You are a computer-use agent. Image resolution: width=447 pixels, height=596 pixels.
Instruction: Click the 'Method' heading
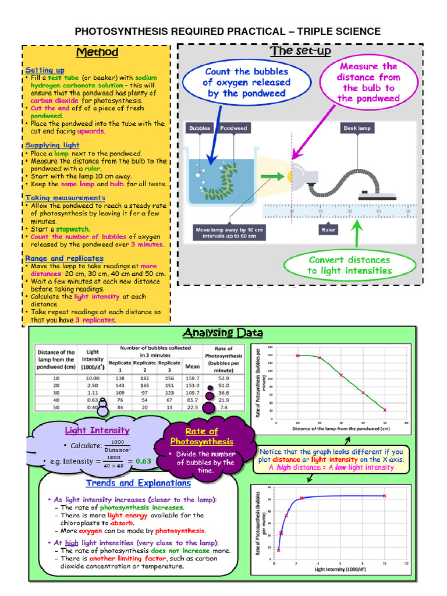(x=97, y=52)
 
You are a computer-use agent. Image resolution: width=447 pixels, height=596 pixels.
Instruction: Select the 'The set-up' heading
(x=300, y=51)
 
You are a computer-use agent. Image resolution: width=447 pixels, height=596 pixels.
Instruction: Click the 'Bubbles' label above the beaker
(x=200, y=128)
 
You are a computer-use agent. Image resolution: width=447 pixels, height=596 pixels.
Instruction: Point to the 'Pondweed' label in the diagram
(x=233, y=128)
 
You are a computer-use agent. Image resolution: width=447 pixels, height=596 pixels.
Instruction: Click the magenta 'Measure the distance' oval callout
(x=368, y=82)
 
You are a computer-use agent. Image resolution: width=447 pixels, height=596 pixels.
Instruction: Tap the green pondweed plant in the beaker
(x=224, y=178)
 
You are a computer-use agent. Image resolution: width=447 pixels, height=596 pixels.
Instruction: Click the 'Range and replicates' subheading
(x=64, y=258)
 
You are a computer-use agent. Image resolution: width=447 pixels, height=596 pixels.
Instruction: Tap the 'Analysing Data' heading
(x=222, y=333)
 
